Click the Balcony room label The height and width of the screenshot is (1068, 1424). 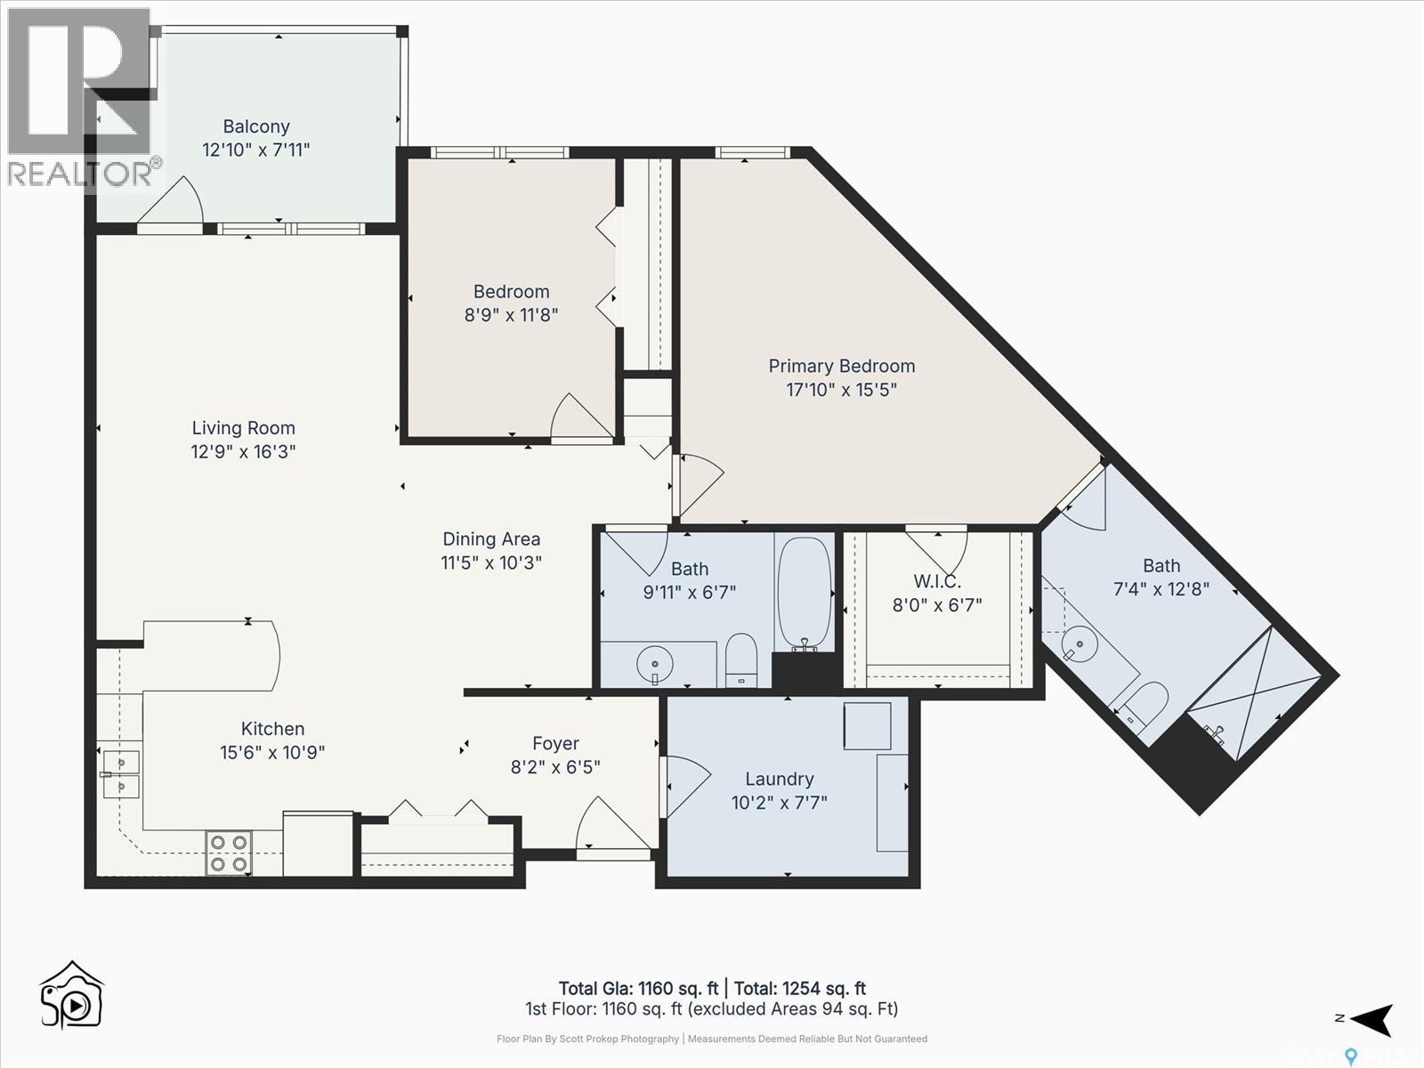pyautogui.click(x=256, y=126)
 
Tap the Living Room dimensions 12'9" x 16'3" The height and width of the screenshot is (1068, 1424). pyautogui.click(x=243, y=451)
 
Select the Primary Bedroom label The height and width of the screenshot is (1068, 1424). pyautogui.click(x=841, y=366)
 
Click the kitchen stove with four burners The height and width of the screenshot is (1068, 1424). pyautogui.click(x=229, y=853)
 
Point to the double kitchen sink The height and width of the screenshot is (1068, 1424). pyautogui.click(x=120, y=774)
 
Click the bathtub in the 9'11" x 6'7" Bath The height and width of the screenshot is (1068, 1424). pyautogui.click(x=804, y=593)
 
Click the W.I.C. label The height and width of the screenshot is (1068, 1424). pyautogui.click(x=937, y=581)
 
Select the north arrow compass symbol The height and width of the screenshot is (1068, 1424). pyautogui.click(x=1371, y=1020)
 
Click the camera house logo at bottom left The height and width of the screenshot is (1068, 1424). pyautogui.click(x=72, y=995)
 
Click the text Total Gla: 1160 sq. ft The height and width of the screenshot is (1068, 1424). pyautogui.click(x=638, y=988)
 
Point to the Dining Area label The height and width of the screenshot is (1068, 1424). pyautogui.click(x=491, y=538)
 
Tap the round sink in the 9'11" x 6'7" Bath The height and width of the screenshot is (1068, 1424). pyautogui.click(x=655, y=664)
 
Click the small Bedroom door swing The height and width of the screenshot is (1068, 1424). pyautogui.click(x=581, y=417)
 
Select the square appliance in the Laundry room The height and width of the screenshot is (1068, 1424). pyautogui.click(x=867, y=725)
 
